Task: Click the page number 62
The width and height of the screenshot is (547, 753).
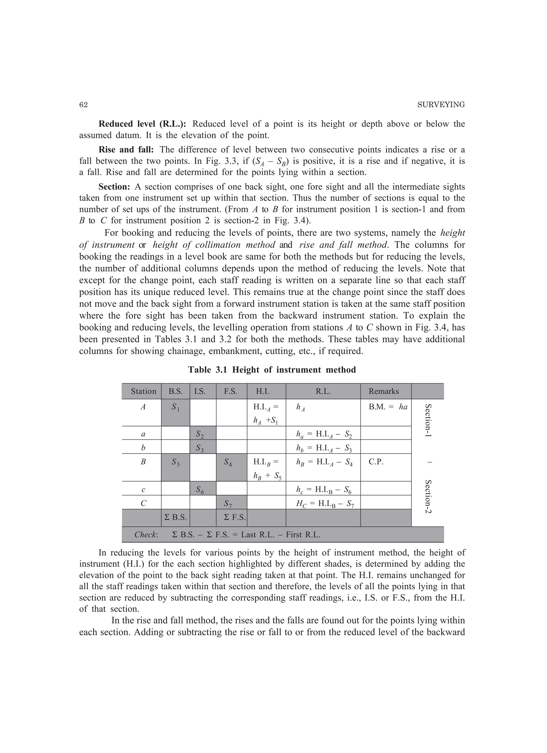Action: pos(83,105)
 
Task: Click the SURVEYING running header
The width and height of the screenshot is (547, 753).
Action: pos(441,105)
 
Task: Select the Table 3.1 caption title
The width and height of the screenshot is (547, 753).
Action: pos(272,370)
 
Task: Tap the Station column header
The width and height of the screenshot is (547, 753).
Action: pos(143,391)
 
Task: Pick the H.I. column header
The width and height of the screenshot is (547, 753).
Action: pos(262,391)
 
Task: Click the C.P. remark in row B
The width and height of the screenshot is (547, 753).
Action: pos(376,462)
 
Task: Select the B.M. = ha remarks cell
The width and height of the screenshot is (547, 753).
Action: pos(388,407)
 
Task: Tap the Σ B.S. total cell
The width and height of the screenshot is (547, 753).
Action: pos(175,517)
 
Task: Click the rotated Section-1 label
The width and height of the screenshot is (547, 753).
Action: pos(428,420)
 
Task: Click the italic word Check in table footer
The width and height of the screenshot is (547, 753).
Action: pos(146,534)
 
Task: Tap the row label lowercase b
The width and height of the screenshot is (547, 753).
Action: pos(143,448)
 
